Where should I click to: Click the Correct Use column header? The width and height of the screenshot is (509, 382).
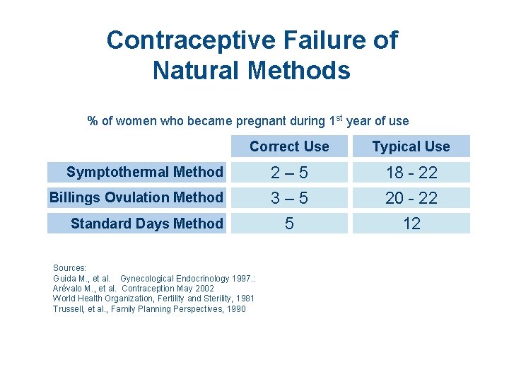pyautogui.click(x=289, y=146)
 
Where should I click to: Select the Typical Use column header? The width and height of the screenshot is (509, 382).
pyautogui.click(x=411, y=146)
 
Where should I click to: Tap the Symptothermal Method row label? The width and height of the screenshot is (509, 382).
pyautogui.click(x=144, y=172)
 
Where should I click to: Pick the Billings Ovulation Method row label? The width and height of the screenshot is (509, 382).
pyautogui.click(x=136, y=197)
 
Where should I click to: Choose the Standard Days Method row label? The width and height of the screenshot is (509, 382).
pyautogui.click(x=146, y=224)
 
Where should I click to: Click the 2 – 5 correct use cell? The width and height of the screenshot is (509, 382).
pyautogui.click(x=289, y=173)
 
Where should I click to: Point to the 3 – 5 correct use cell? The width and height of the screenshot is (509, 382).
pyautogui.click(x=289, y=198)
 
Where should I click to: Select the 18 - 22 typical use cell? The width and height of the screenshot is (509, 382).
pyautogui.click(x=411, y=173)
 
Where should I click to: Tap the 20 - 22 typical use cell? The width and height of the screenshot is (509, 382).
pyautogui.click(x=411, y=198)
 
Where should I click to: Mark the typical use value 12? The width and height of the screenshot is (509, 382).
pyautogui.click(x=411, y=224)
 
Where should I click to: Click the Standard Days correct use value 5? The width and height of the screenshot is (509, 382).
pyautogui.click(x=289, y=224)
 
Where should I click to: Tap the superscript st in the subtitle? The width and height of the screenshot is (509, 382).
pyautogui.click(x=339, y=117)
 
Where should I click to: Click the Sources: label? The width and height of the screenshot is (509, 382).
pyautogui.click(x=70, y=268)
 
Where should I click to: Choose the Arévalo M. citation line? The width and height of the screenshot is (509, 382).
pyautogui.click(x=134, y=289)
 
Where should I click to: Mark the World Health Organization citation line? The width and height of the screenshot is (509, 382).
pyautogui.click(x=153, y=299)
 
